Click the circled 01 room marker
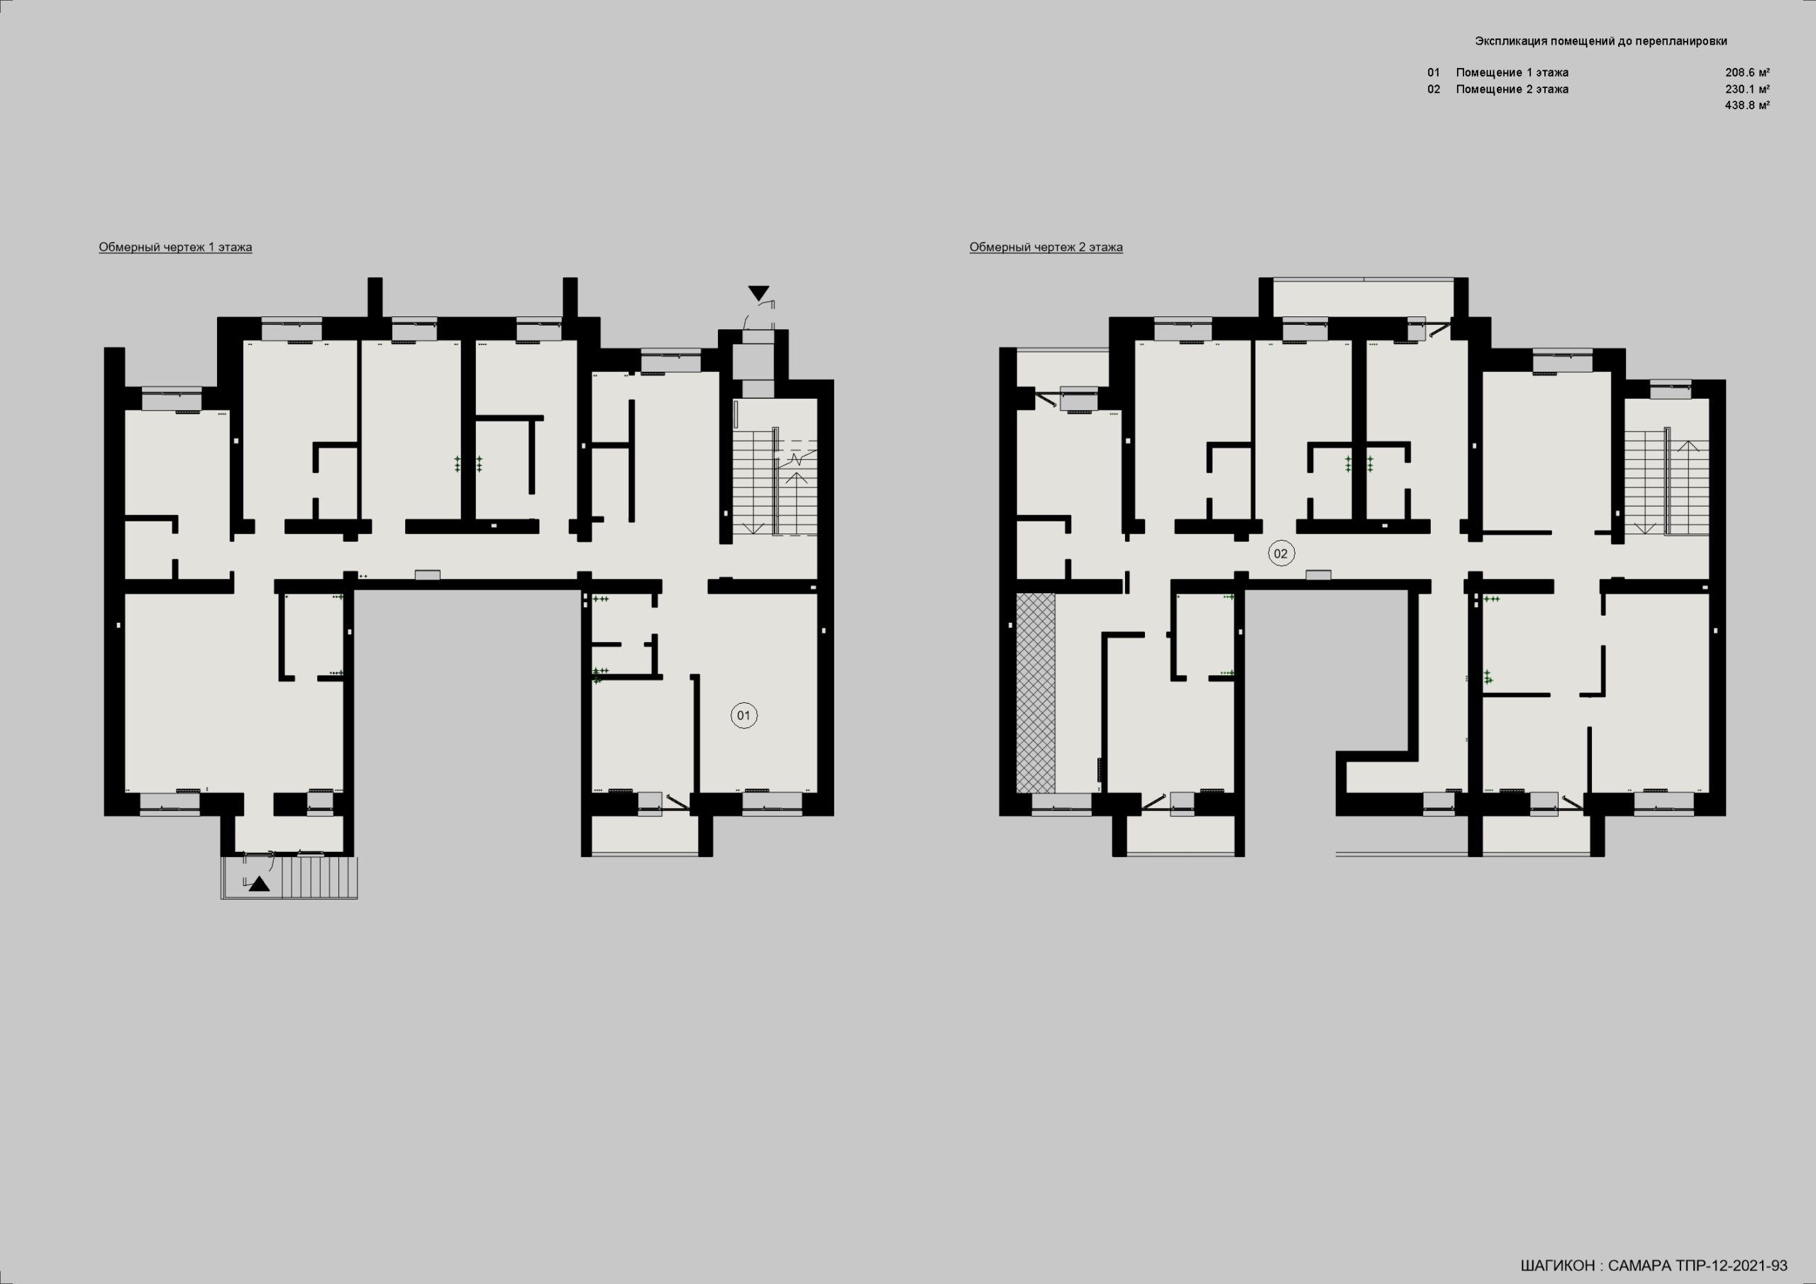(x=743, y=716)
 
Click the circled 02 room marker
(x=1280, y=554)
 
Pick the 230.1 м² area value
(x=1747, y=89)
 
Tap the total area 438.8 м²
(x=1747, y=105)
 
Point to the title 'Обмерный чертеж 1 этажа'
(x=176, y=248)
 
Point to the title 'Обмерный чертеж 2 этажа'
(x=1046, y=248)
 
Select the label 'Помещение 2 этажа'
(x=1512, y=89)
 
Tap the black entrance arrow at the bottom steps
(x=260, y=885)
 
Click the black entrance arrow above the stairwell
(x=758, y=293)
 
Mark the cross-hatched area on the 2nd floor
(x=1036, y=693)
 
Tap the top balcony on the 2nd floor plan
(x=1363, y=297)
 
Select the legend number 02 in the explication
(x=1433, y=89)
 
